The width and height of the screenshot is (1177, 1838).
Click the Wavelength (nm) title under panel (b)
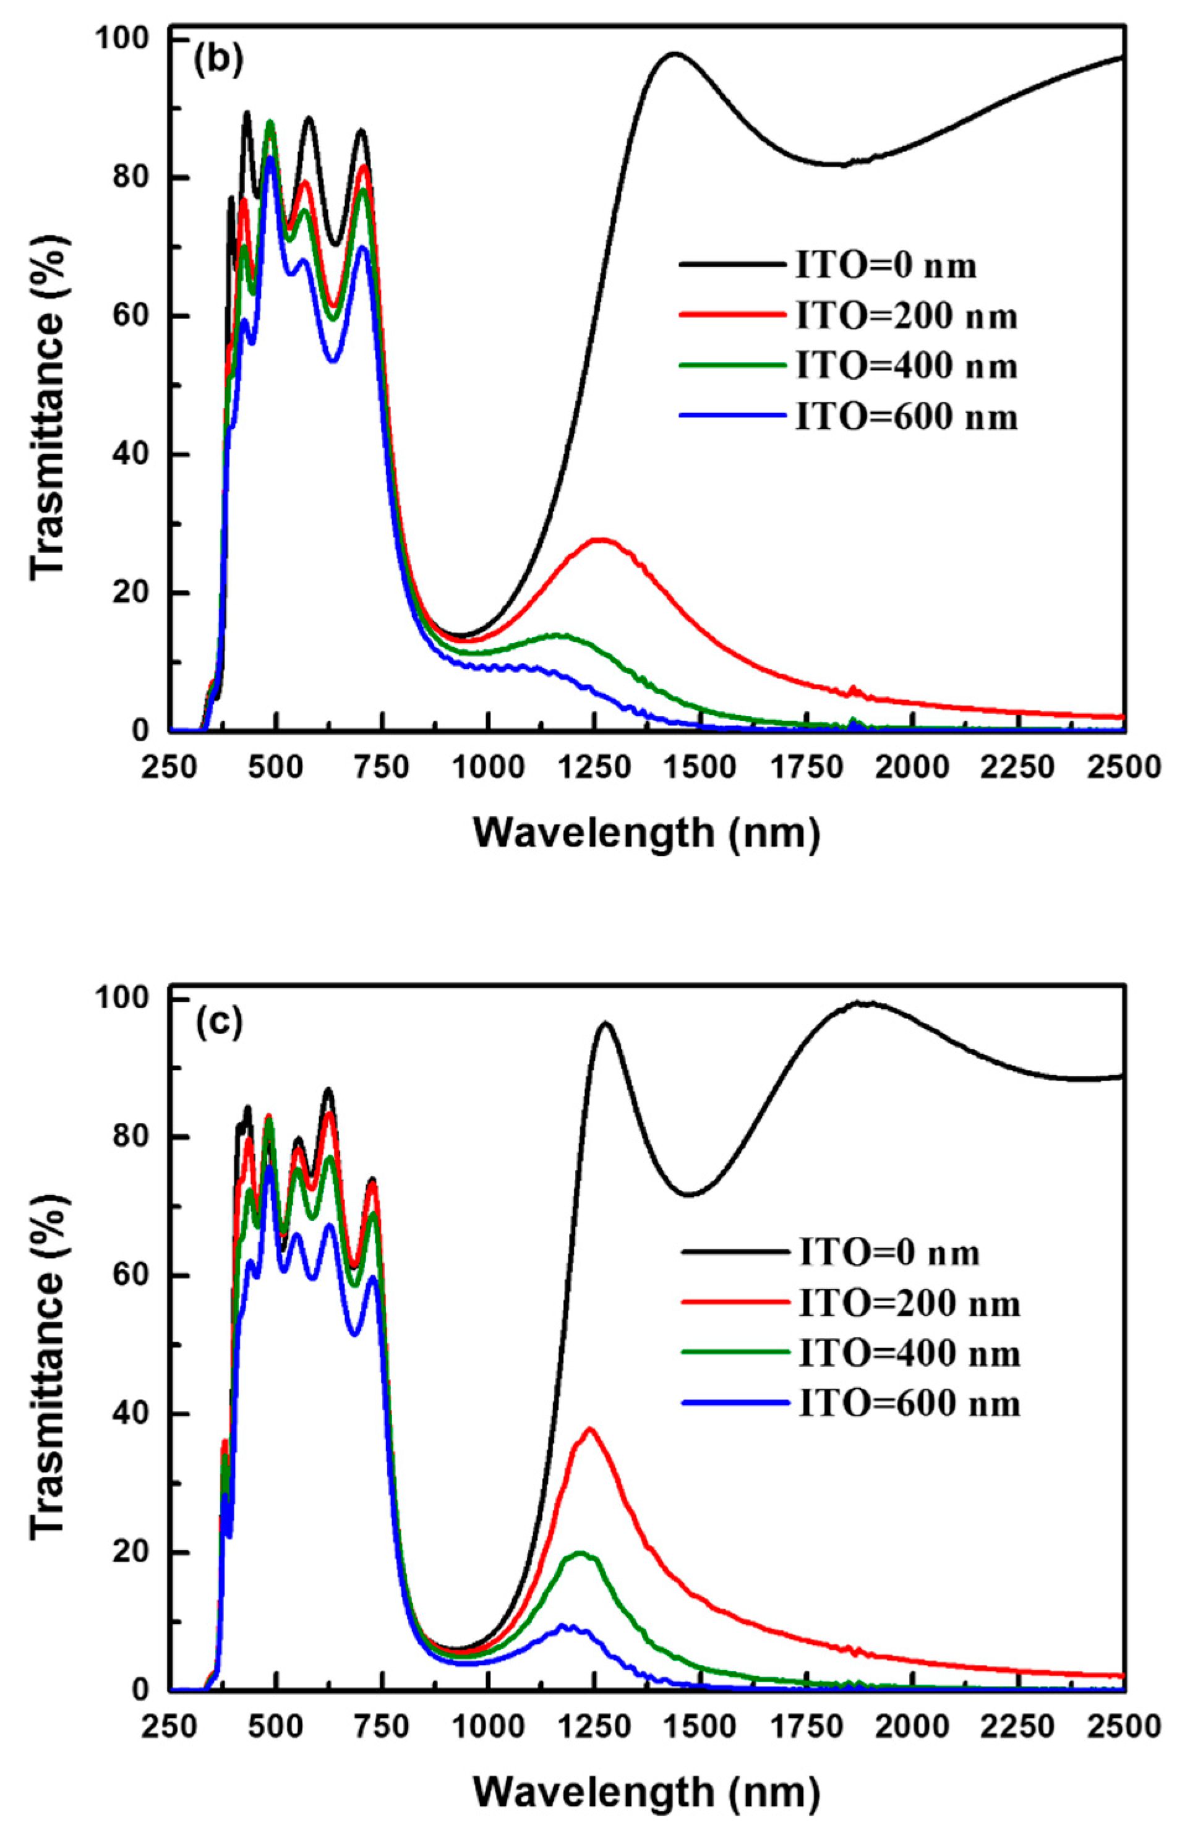pos(646,833)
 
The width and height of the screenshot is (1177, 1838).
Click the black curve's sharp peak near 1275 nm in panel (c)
pos(606,1022)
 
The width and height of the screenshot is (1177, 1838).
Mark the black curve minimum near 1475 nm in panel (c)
pos(690,1194)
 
